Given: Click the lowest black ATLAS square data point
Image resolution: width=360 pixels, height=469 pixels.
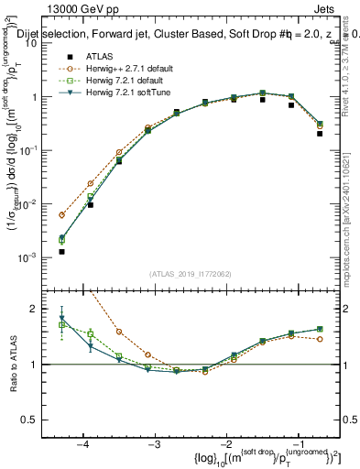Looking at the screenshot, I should (61, 251).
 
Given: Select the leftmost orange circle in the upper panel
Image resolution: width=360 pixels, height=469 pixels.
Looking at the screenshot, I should (61, 215).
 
